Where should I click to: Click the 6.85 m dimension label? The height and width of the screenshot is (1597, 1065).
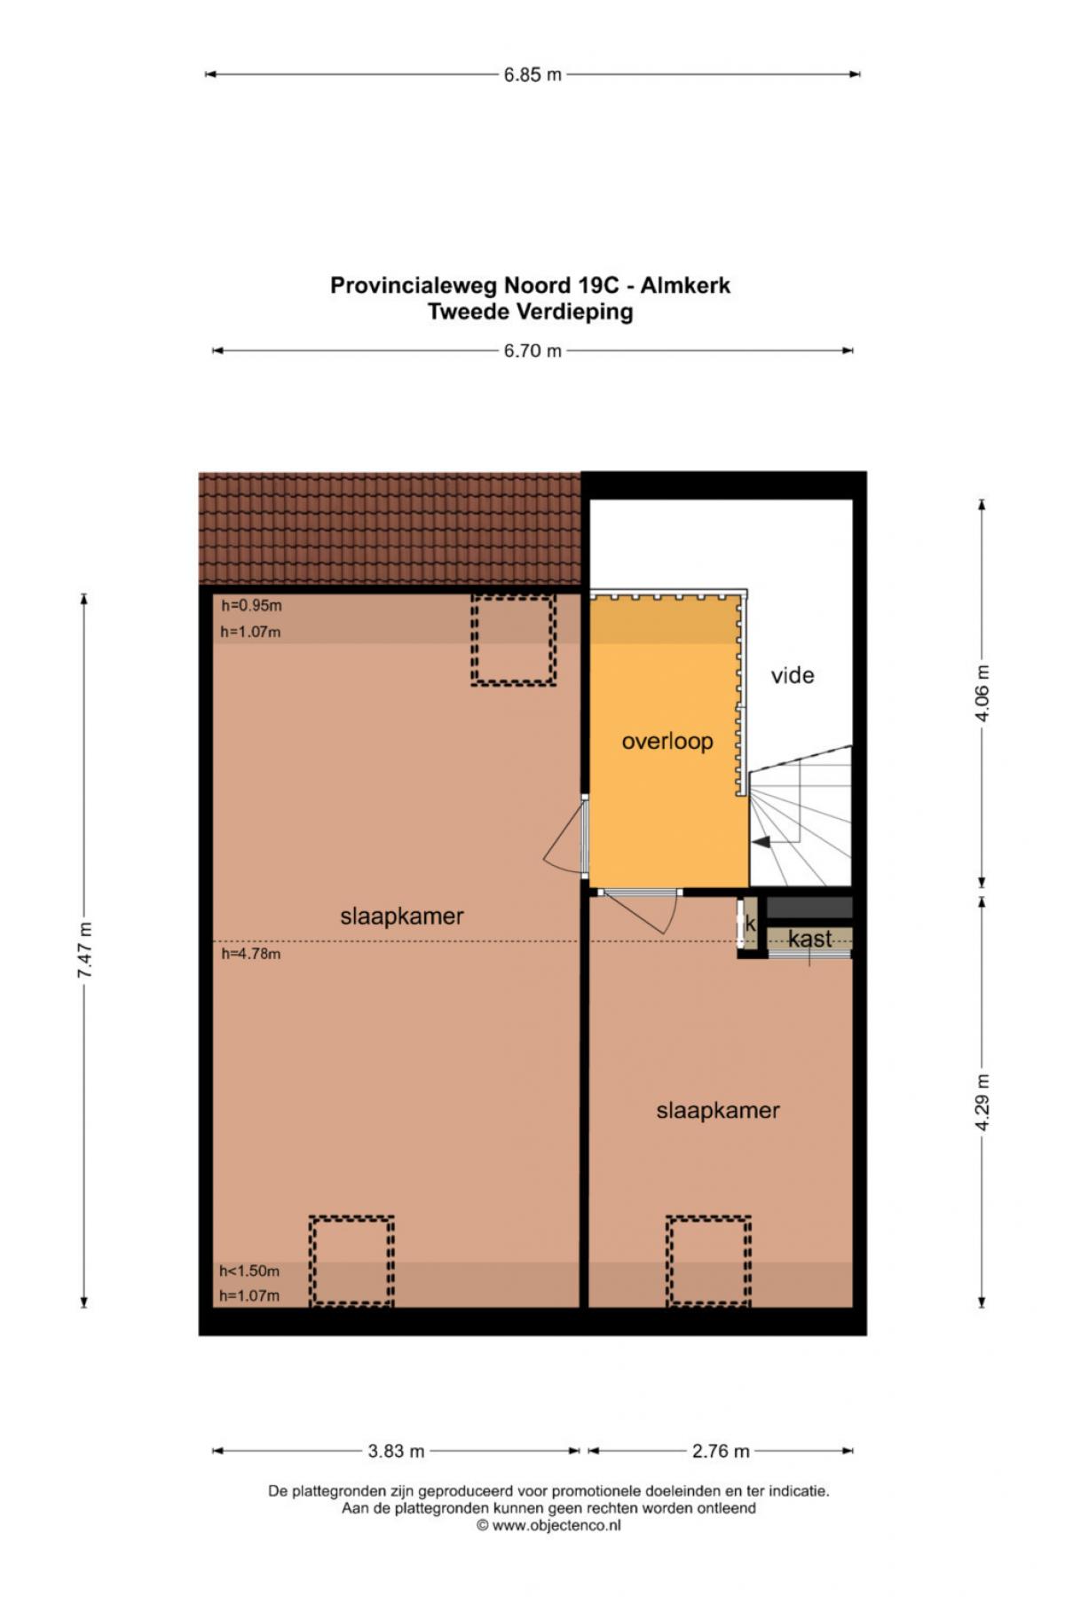pyautogui.click(x=532, y=75)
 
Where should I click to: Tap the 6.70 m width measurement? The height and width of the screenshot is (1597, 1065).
pyautogui.click(x=532, y=350)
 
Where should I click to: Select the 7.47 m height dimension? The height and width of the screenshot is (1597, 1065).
pyautogui.click(x=85, y=950)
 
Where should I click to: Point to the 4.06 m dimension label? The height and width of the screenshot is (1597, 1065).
pyautogui.click(x=982, y=693)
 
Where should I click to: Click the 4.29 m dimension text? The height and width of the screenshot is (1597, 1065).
pyautogui.click(x=982, y=1102)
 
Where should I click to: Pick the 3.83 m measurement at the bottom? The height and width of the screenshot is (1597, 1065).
pyautogui.click(x=396, y=1451)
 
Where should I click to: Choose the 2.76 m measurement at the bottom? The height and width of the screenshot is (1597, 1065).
pyautogui.click(x=721, y=1451)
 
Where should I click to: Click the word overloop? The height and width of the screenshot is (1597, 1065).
pyautogui.click(x=667, y=741)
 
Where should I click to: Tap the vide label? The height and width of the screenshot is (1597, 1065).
pyautogui.click(x=793, y=675)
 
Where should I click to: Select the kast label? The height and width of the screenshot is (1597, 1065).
pyautogui.click(x=810, y=938)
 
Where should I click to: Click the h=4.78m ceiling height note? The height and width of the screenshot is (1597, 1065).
pyautogui.click(x=251, y=954)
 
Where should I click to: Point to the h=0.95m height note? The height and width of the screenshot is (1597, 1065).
pyautogui.click(x=251, y=606)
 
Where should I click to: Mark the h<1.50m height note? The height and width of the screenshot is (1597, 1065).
pyautogui.click(x=249, y=1271)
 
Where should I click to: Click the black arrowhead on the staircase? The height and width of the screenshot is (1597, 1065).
pyautogui.click(x=761, y=842)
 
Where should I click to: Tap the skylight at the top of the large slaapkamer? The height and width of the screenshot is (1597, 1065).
pyautogui.click(x=513, y=640)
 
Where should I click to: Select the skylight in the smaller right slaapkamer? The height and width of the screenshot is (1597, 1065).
pyautogui.click(x=709, y=1261)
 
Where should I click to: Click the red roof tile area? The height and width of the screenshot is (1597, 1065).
pyautogui.click(x=390, y=529)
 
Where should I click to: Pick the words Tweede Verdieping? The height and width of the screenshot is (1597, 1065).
pyautogui.click(x=531, y=311)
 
